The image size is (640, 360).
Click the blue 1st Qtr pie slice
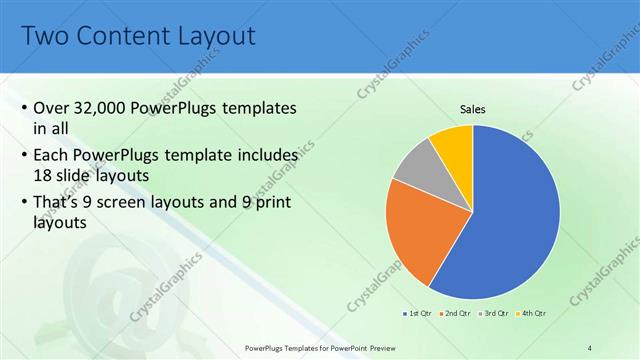(x=510, y=220)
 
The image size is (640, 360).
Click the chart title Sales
(x=473, y=109)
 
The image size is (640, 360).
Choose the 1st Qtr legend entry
(x=418, y=314)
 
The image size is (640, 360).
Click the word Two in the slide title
(x=45, y=37)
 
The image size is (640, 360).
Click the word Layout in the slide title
(x=217, y=37)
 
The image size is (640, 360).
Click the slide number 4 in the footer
(x=590, y=347)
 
